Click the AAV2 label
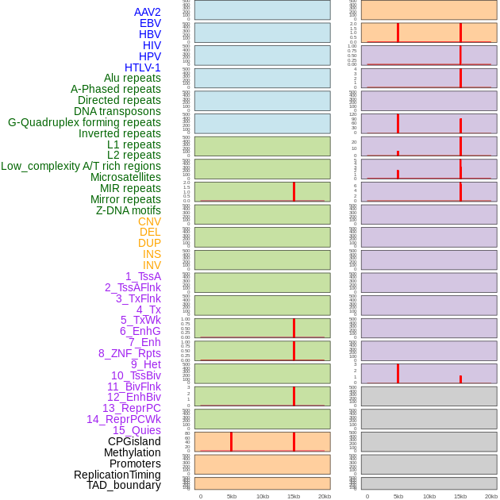(x=148, y=12)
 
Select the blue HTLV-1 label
(x=143, y=67)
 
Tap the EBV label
(x=150, y=23)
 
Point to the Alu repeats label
(x=133, y=78)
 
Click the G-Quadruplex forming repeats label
(x=84, y=122)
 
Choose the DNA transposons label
(x=117, y=111)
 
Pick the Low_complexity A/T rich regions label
(x=81, y=166)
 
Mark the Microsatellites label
(x=125, y=177)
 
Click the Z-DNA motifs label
(x=129, y=210)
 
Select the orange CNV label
(x=149, y=221)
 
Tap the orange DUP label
(x=149, y=243)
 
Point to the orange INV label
(x=152, y=265)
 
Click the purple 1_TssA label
(x=143, y=276)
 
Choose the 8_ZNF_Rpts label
(x=129, y=353)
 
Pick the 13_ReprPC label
(x=132, y=408)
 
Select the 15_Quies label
(x=137, y=430)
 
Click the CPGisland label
(x=134, y=441)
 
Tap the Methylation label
(x=133, y=452)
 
